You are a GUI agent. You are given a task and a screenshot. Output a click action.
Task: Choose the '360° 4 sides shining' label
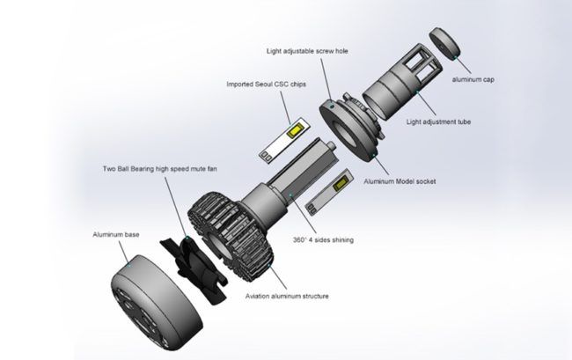[323, 239]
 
